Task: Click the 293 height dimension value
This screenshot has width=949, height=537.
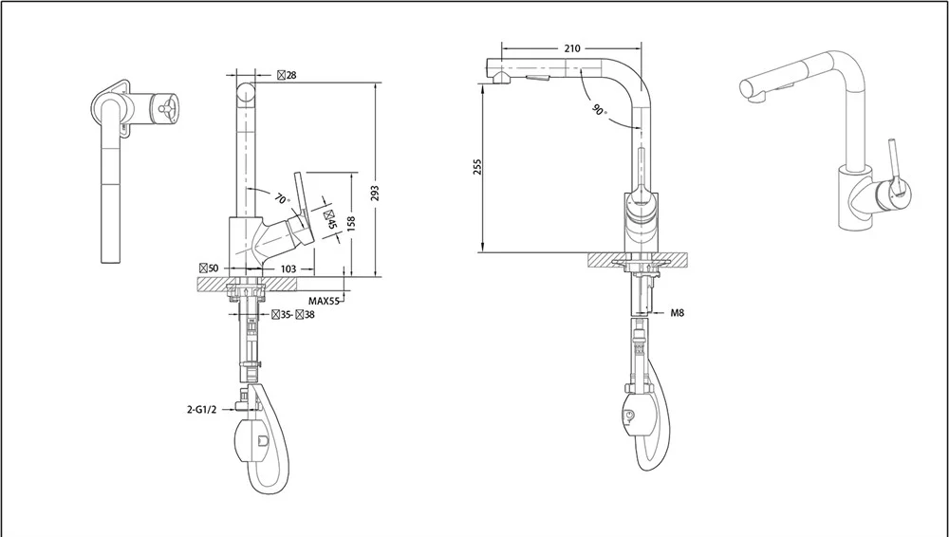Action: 375,194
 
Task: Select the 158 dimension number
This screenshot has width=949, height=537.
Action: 351,223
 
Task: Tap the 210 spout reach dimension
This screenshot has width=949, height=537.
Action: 572,48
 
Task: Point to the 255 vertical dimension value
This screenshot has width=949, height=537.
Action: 477,167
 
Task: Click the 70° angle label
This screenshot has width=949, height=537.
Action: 283,198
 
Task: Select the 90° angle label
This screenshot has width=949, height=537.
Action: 599,109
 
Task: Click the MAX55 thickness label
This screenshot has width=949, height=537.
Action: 324,301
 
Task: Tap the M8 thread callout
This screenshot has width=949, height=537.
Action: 678,313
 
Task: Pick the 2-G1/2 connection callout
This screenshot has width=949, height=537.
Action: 201,409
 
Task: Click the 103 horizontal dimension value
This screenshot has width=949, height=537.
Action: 288,268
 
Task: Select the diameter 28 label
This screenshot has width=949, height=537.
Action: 287,75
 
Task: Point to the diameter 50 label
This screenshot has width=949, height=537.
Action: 209,268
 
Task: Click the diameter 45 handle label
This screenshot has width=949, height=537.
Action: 330,219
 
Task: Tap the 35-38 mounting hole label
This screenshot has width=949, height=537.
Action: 293,314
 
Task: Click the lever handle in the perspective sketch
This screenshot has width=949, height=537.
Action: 898,168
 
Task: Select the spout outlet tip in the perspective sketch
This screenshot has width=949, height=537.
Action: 751,91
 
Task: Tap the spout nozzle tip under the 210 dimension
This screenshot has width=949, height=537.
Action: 500,77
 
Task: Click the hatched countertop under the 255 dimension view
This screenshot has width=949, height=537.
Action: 638,259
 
